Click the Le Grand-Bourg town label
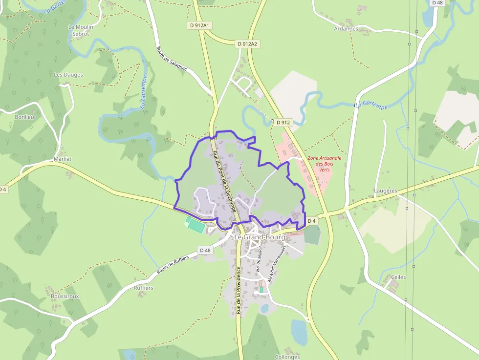(x=260, y=237)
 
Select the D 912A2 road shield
(x=247, y=44)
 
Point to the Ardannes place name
(x=346, y=29)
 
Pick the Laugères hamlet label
(x=385, y=191)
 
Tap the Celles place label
(x=398, y=277)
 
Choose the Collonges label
(x=287, y=357)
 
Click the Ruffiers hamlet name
(x=144, y=288)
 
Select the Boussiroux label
(x=65, y=296)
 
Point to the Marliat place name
(x=63, y=159)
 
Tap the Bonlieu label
(x=24, y=117)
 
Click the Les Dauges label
(x=68, y=75)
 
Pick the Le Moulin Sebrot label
(x=81, y=30)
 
